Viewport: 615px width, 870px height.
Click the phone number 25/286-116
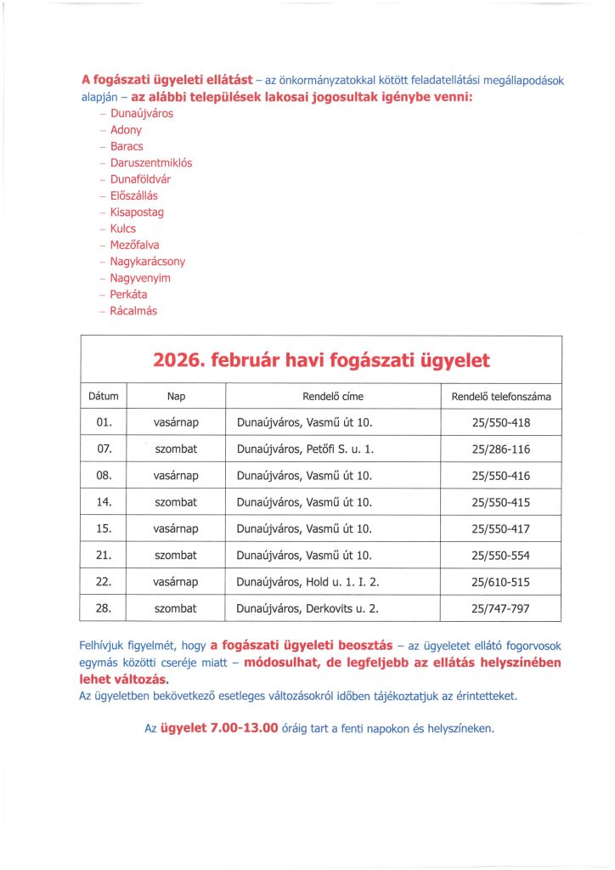tap(500, 449)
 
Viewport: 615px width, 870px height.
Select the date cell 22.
tap(105, 582)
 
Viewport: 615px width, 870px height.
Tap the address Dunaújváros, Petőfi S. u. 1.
tap(305, 449)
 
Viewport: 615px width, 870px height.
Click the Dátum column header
tap(103, 396)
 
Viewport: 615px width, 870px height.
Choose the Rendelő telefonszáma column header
tap(500, 396)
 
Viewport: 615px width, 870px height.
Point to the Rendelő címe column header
tap(333, 396)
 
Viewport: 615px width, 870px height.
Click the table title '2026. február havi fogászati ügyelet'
tap(321, 360)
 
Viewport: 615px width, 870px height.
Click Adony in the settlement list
tap(127, 130)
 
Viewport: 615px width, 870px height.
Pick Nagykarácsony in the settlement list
tap(148, 262)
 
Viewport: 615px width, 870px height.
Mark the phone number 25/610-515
tap(500, 582)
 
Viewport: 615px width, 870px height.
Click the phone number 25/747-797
tap(500, 608)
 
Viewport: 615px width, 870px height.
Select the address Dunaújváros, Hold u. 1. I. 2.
tap(310, 582)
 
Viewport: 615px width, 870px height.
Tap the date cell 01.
tap(105, 422)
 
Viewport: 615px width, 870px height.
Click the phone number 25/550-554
tap(500, 555)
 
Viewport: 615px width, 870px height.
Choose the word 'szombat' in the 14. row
tap(176, 502)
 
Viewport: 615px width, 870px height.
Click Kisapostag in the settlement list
tap(137, 212)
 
